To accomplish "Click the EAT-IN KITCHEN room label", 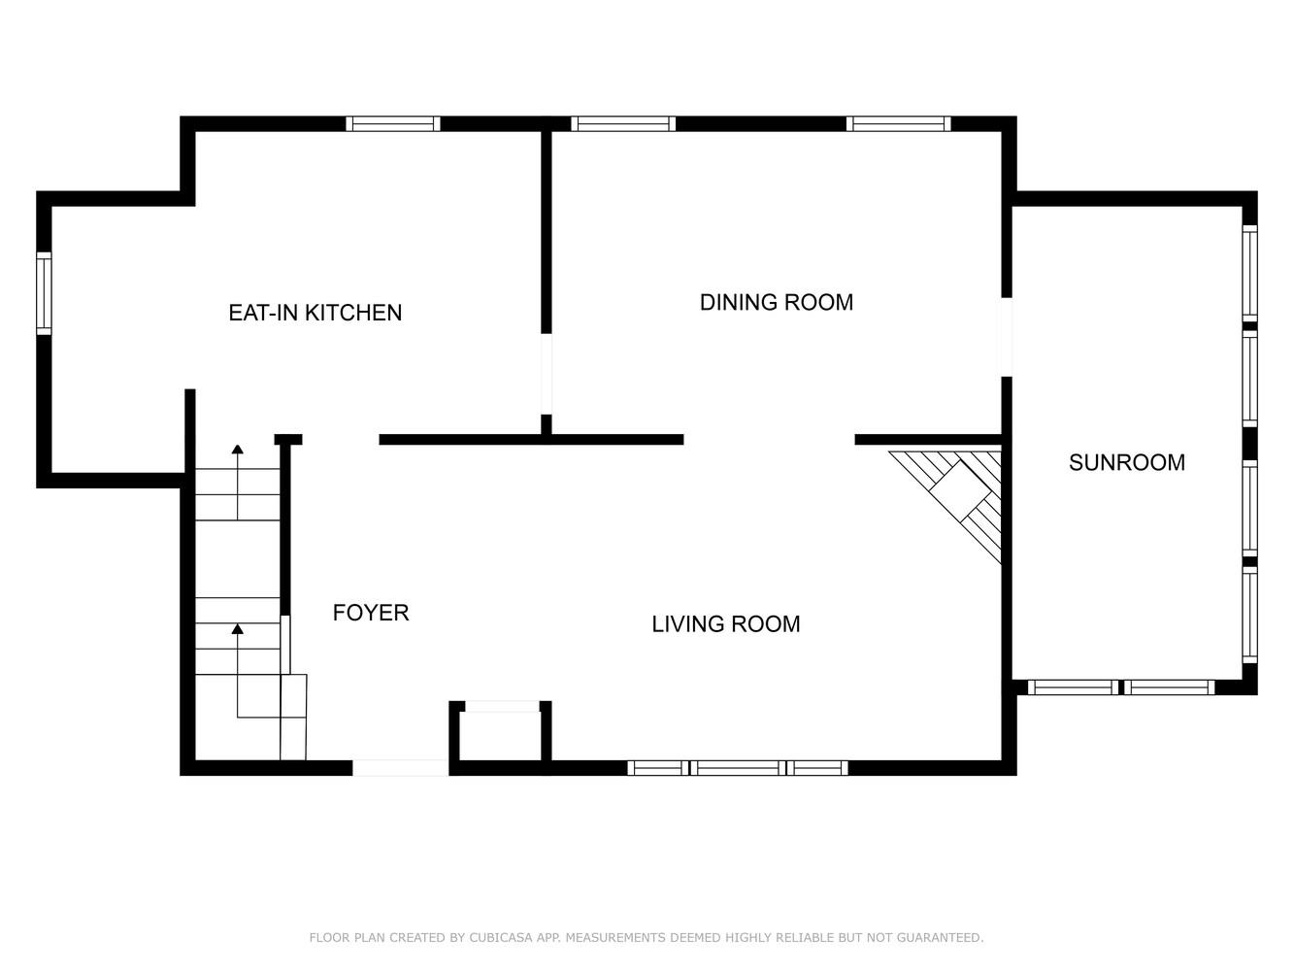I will pyautogui.click(x=315, y=313).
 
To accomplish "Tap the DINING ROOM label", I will pyautogui.click(x=776, y=302).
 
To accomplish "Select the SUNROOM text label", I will pyautogui.click(x=1126, y=462).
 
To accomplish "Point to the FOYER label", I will pyautogui.click(x=370, y=613).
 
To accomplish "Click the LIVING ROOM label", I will pyautogui.click(x=725, y=624).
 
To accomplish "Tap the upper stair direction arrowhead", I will pyautogui.click(x=237, y=449).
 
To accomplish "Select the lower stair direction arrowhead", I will pyautogui.click(x=237, y=629).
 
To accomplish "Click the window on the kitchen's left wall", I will pyautogui.click(x=44, y=293).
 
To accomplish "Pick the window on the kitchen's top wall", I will pyautogui.click(x=393, y=123).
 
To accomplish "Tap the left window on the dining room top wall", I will pyautogui.click(x=622, y=123).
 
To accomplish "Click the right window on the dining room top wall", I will pyautogui.click(x=898, y=123).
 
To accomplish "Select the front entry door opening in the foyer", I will pyautogui.click(x=400, y=768).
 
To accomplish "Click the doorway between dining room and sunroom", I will pyautogui.click(x=1006, y=337).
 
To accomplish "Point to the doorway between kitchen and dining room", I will pyautogui.click(x=546, y=374).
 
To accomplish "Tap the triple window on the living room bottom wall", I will pyautogui.click(x=738, y=768).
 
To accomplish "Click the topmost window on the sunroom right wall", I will pyautogui.click(x=1249, y=273).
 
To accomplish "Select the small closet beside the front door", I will pyautogui.click(x=500, y=736).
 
